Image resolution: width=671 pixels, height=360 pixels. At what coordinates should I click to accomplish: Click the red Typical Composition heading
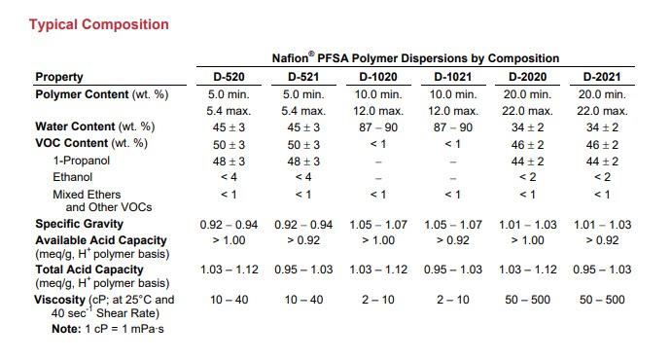pos(99,24)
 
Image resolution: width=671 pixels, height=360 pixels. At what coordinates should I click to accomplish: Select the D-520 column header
pos(229,77)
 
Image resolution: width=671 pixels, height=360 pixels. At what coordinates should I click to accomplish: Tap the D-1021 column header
pos(453,77)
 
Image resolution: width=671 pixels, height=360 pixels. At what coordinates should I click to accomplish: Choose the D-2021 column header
pos(602,77)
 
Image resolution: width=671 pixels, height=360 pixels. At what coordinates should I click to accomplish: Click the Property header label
pos(59,77)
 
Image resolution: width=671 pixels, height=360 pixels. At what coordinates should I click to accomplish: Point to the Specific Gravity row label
pos(79,224)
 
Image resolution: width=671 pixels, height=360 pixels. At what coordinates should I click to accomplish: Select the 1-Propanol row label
pos(82,161)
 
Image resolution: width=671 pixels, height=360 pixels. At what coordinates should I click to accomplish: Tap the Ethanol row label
pos(72,177)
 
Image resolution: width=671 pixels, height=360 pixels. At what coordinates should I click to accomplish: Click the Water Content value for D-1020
pos(378,127)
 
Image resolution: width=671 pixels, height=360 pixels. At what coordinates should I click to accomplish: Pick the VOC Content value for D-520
pos(229,145)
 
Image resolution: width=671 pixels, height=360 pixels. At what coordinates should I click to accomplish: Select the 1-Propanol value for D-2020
pos(527,162)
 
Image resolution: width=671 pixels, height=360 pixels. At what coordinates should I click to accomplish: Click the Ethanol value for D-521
pos(303,177)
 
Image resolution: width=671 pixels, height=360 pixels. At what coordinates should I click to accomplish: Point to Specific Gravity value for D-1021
pos(453,225)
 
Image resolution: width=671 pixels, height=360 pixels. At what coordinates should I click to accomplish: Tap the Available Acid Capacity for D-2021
pos(602,240)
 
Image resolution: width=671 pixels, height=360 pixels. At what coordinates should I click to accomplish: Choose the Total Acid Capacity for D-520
pos(230,270)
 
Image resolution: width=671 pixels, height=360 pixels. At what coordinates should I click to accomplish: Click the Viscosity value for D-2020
pos(527,300)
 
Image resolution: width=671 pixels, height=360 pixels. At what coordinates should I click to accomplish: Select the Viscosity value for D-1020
pos(378,300)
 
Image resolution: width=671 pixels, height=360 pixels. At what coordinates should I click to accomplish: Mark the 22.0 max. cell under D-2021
pos(602,111)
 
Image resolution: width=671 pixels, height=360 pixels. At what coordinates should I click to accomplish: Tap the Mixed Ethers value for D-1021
pos(453,195)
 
